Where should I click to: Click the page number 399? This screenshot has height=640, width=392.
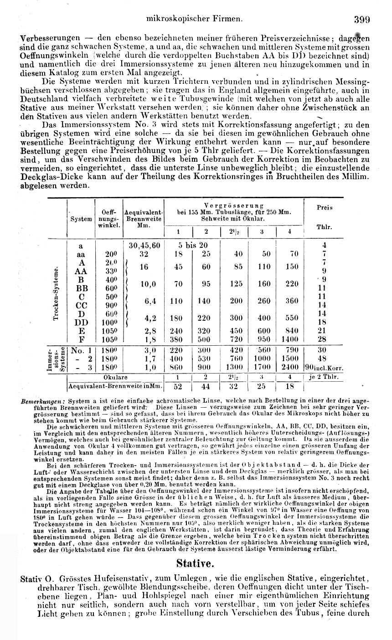tap(361, 20)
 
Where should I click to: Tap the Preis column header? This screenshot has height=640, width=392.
tap(325, 207)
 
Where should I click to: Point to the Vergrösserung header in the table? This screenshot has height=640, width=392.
tap(234, 206)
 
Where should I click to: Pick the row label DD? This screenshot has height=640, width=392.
tap(82, 323)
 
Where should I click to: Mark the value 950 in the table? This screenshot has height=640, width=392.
tap(263, 339)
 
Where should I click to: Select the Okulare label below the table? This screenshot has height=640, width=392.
tap(115, 377)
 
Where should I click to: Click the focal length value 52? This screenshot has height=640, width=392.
tap(178, 386)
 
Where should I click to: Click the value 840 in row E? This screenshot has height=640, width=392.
tap(289, 331)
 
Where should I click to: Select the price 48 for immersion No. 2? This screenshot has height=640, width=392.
tap(322, 358)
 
